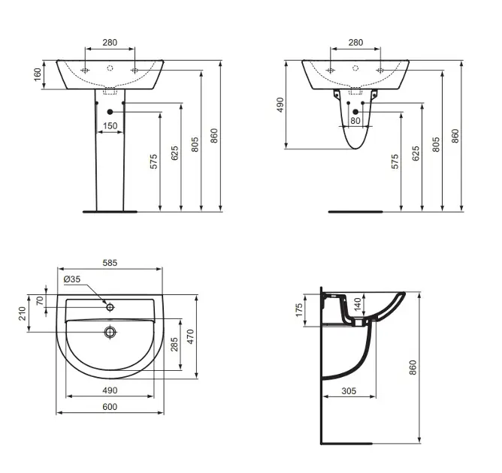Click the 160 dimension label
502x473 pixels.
point(38,74)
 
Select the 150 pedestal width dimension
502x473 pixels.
point(110,125)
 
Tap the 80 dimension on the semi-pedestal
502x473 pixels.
point(355,121)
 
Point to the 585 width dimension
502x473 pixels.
point(110,263)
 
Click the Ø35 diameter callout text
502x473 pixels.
point(72,279)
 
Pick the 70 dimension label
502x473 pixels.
point(40,300)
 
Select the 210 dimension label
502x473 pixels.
point(22,313)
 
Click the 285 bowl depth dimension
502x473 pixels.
point(174,344)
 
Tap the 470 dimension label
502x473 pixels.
point(190,336)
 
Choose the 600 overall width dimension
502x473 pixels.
point(110,406)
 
